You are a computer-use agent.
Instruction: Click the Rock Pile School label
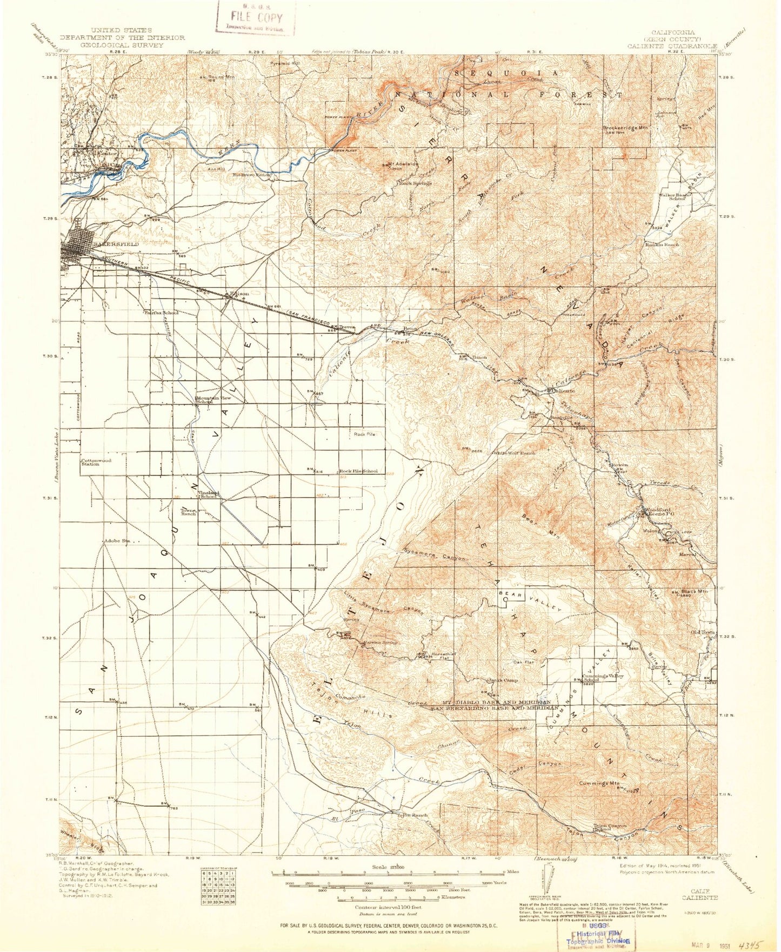[358, 471]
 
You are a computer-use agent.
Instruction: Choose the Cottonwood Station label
[96, 462]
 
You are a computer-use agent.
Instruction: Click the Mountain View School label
[213, 400]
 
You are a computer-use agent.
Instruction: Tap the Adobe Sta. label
[118, 540]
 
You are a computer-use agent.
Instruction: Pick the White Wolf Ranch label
[513, 453]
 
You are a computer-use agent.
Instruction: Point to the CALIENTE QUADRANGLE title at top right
[672, 45]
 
